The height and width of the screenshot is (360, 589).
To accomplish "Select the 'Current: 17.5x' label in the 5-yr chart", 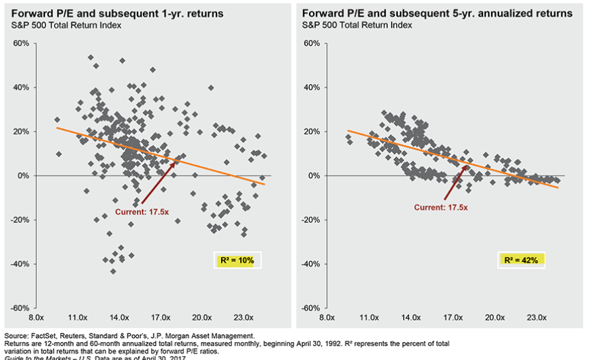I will [x=441, y=207].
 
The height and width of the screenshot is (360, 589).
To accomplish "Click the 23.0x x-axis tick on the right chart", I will [x=537, y=317].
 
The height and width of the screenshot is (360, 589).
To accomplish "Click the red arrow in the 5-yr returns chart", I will [x=455, y=182].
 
